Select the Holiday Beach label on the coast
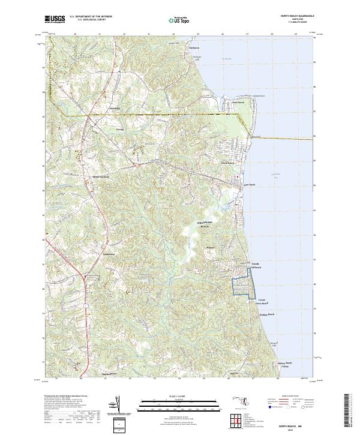point(266,314)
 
